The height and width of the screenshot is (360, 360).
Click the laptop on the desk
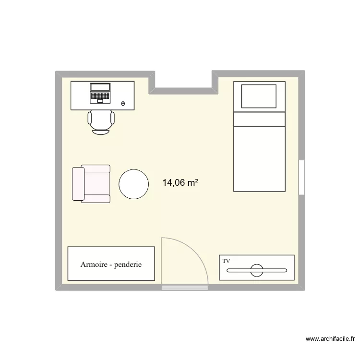pos(100,93)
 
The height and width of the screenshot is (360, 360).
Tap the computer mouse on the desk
pos(123,103)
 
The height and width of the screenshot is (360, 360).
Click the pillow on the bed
pos(259,96)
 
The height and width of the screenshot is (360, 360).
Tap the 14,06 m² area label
pos(181,182)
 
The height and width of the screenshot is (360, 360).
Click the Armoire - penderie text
pos(111,264)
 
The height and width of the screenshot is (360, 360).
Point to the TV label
pos(226,261)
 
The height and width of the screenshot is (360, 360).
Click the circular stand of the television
pos(257,270)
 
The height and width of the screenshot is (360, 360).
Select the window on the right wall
pos(301,177)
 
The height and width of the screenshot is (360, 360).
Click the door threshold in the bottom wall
pos(185,288)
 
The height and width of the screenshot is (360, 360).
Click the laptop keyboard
pos(100,97)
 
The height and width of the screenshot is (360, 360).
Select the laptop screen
pos(100,87)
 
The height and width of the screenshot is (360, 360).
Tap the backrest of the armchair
pos(76,184)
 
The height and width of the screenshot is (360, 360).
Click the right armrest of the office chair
pos(112,118)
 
